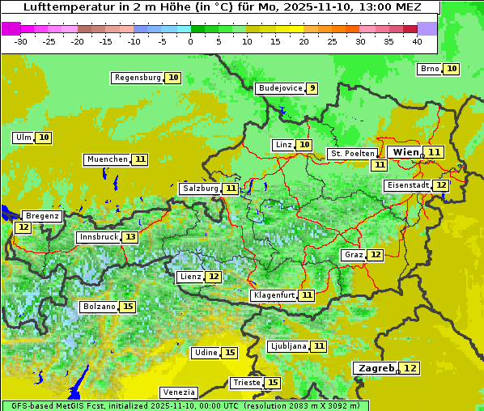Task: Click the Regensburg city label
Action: click(x=138, y=78)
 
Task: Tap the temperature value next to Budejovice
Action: click(x=312, y=88)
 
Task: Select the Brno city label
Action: click(x=430, y=69)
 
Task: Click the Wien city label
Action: click(x=405, y=152)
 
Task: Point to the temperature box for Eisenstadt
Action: click(x=441, y=185)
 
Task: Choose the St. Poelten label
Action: click(x=352, y=154)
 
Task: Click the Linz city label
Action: click(x=283, y=145)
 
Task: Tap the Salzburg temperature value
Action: click(x=231, y=189)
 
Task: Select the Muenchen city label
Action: click(x=108, y=159)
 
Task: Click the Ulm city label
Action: click(x=23, y=138)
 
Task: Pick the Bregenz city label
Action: click(x=42, y=216)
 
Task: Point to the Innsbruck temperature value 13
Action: click(x=130, y=237)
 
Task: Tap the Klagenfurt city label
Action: click(x=274, y=295)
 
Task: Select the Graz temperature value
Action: click(x=376, y=255)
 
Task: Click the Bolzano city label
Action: click(x=99, y=307)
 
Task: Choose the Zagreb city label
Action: click(x=375, y=368)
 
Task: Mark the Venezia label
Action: click(x=179, y=392)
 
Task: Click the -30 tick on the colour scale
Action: click(x=21, y=41)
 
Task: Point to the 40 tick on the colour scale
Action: click(x=417, y=41)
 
